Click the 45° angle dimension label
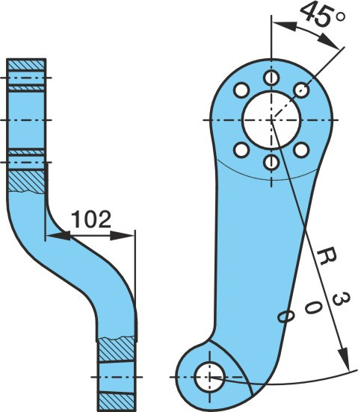click(323, 13)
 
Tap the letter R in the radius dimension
click(327, 256)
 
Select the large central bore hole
click(271, 120)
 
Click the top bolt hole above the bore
click(271, 78)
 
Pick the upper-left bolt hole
click(241, 90)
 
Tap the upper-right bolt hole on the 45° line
click(301, 90)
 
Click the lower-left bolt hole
click(241, 150)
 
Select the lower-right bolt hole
click(301, 150)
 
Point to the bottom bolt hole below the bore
click(271, 163)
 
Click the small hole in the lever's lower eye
click(209, 377)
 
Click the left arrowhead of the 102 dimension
click(58, 235)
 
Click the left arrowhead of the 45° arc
click(285, 25)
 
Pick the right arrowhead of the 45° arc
click(328, 40)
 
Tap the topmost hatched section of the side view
click(25, 65)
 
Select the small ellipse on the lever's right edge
click(286, 316)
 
